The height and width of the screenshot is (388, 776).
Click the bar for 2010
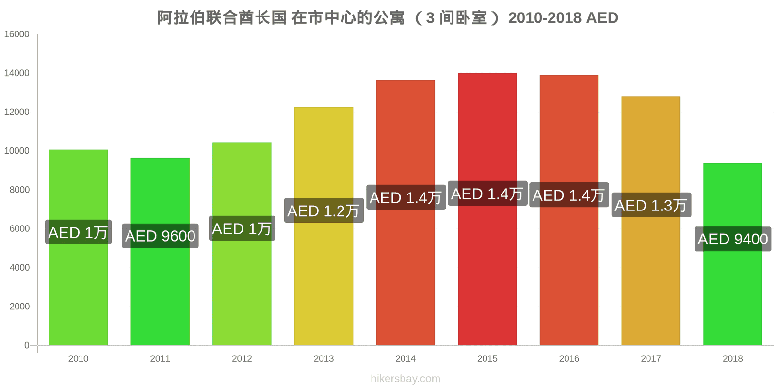78,247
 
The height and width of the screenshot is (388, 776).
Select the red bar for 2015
487,209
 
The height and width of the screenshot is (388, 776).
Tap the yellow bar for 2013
323,226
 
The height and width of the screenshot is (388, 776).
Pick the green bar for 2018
732,254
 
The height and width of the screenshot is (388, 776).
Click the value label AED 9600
160,236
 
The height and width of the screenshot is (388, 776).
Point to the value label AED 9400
733,239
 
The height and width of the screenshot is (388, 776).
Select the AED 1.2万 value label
323,210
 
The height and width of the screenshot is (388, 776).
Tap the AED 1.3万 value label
651,205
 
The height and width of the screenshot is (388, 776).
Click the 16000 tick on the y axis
16,34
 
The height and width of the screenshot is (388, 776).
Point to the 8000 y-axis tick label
19,190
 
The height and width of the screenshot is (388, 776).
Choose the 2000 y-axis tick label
19,307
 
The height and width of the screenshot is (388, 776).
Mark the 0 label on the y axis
27,345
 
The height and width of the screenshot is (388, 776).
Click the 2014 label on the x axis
405,358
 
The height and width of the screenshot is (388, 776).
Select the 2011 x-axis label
160,358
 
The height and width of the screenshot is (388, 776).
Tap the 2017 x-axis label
650,358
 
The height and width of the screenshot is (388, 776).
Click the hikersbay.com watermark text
405,379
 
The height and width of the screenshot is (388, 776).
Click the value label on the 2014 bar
406,197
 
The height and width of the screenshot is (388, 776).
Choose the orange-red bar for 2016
569,210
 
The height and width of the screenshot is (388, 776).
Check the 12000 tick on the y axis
16,112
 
